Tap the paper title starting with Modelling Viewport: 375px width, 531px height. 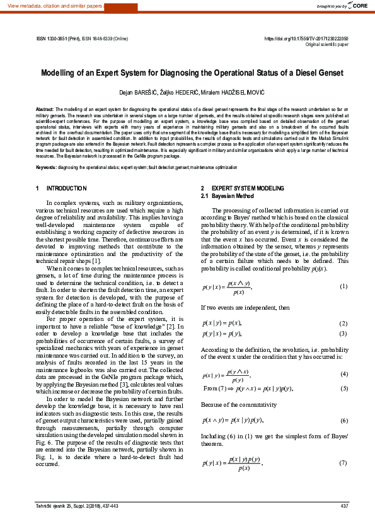tap(192, 73)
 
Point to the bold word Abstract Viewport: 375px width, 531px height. tap(44, 109)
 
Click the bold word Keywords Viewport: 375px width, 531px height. tap(47, 167)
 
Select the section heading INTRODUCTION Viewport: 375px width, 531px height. tap(67, 189)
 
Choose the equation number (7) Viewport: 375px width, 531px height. tap(343, 464)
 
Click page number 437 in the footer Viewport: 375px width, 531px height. tap(344, 506)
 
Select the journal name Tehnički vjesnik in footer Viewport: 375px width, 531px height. tap(53, 506)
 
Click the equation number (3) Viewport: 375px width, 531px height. tap(343, 334)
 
